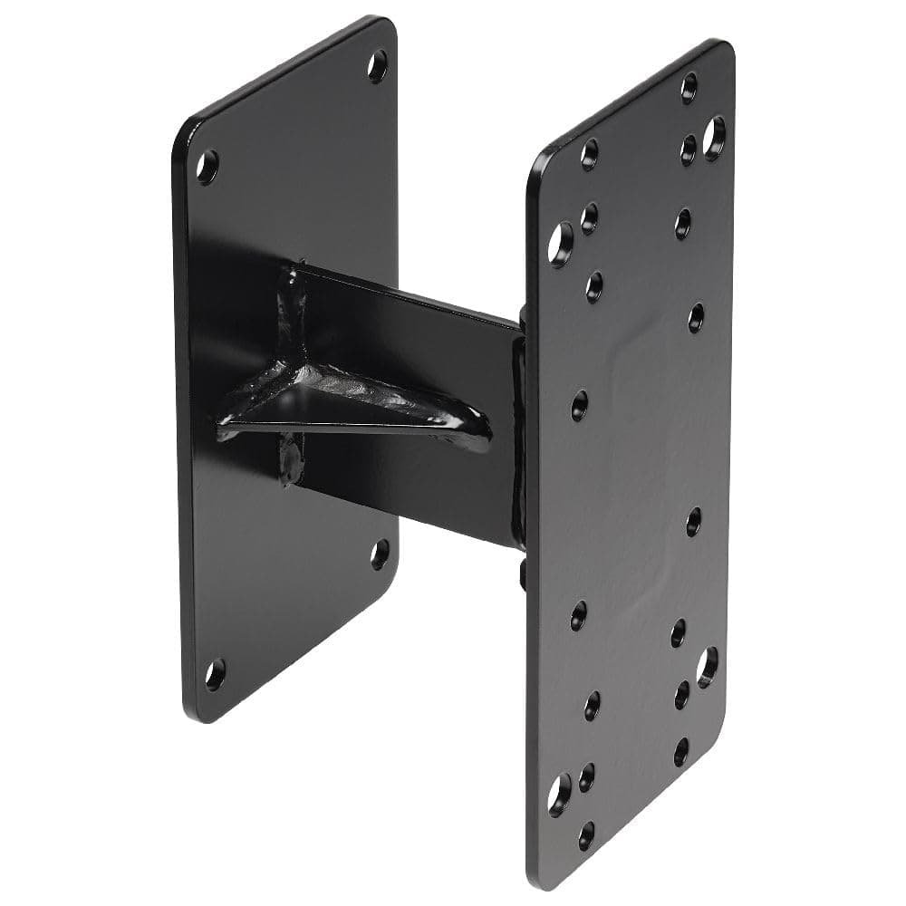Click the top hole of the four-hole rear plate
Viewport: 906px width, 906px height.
378,65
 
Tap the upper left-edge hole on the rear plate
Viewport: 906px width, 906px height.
207,167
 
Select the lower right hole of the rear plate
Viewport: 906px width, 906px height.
380,554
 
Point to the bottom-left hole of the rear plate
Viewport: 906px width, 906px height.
215,674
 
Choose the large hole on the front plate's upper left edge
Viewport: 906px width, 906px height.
561,243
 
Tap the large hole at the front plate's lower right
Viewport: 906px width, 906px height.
707,666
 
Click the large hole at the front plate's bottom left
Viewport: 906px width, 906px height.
559,795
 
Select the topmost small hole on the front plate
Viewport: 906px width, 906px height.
689,87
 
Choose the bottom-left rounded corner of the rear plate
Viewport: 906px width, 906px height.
195,711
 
